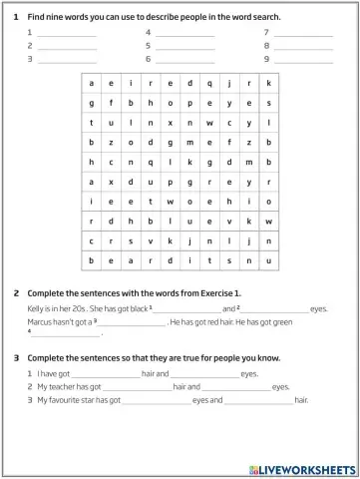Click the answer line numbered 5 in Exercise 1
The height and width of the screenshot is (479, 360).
pos(184,46)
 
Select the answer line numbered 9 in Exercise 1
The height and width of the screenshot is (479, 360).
pos(303,60)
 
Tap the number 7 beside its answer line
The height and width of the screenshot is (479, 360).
pos(266,33)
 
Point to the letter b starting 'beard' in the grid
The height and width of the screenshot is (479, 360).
pos(92,261)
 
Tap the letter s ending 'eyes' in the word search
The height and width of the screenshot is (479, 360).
pos(268,102)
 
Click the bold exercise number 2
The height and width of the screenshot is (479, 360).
pos(17,293)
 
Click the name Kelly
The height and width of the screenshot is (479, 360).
pos(37,309)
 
